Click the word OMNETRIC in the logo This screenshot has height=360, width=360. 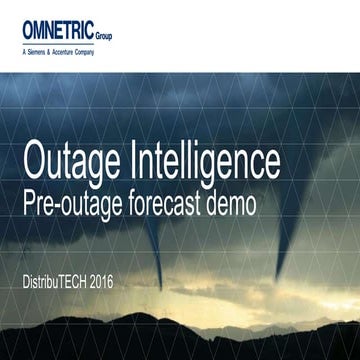click(x=61, y=33)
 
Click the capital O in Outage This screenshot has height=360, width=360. click(x=35, y=161)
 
